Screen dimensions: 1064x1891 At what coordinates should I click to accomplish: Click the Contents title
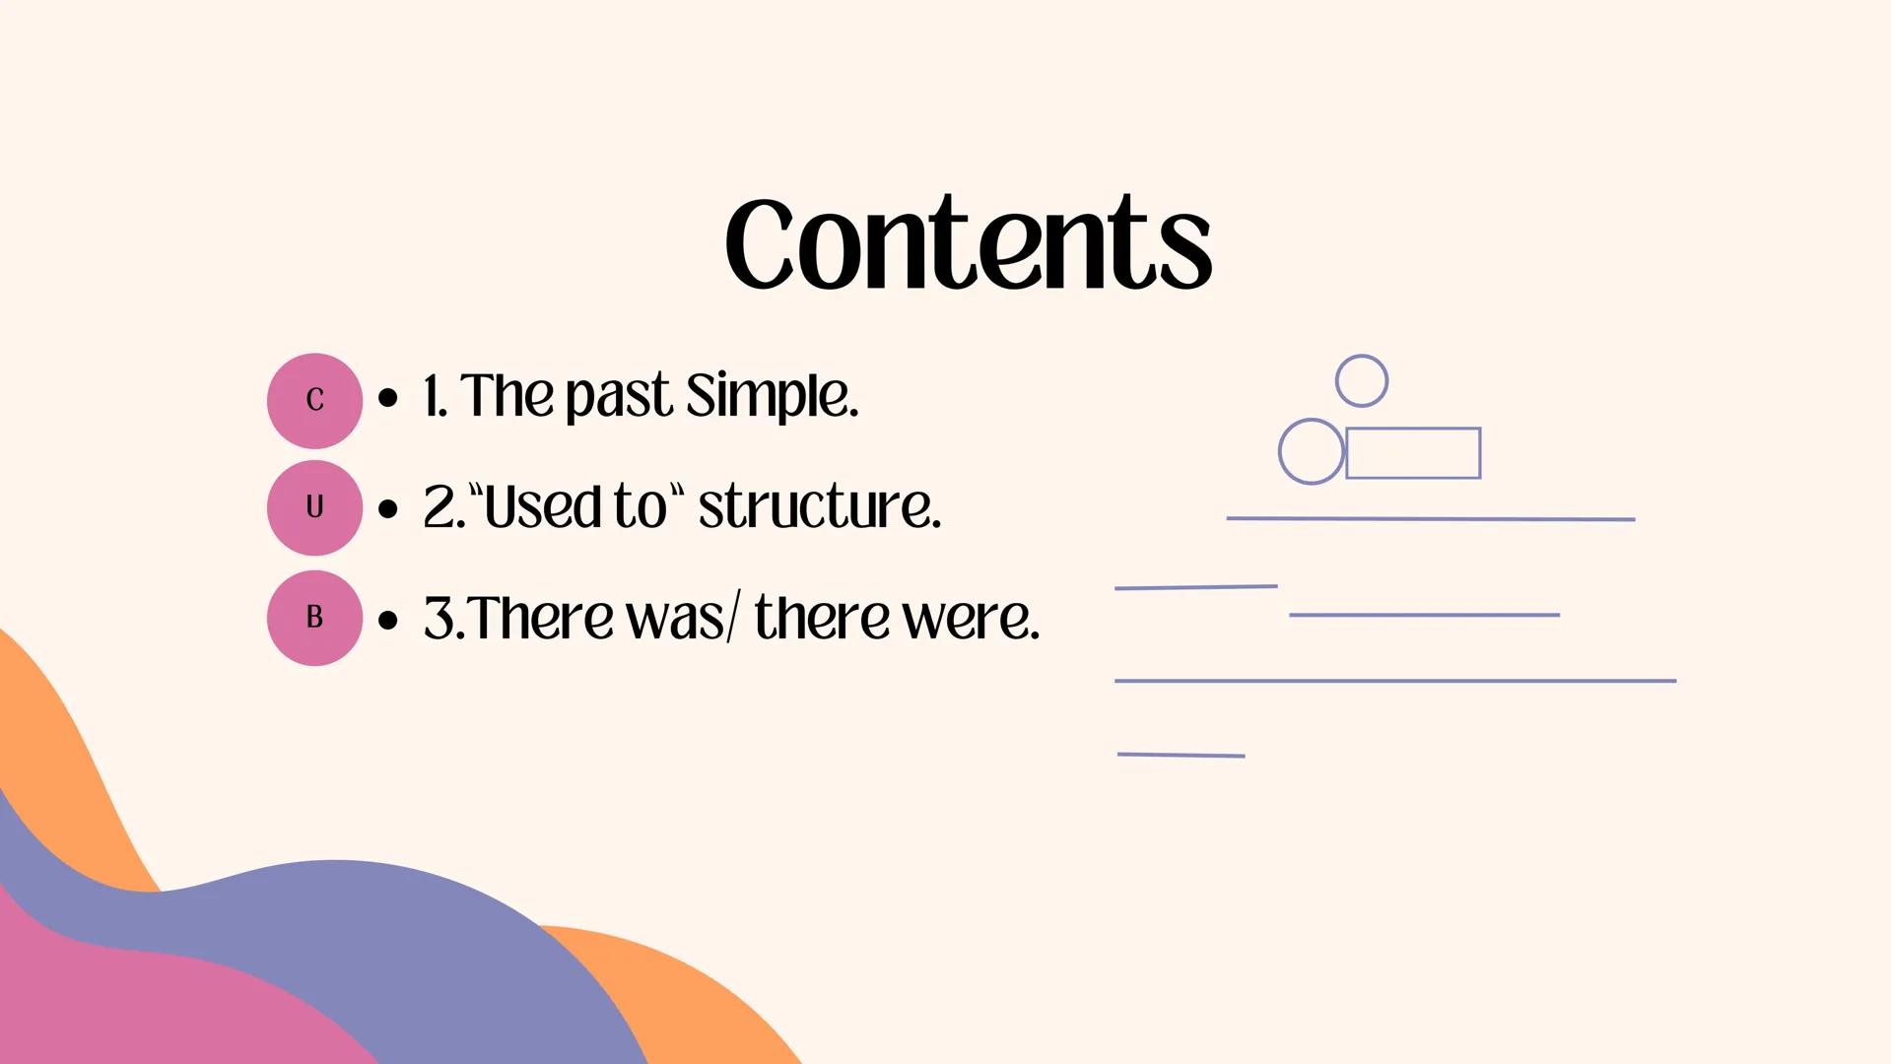(968, 242)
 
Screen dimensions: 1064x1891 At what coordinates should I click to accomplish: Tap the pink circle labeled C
(314, 400)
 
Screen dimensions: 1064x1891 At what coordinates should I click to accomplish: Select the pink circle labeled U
(314, 507)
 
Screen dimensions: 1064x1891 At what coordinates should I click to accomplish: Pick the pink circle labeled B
(314, 618)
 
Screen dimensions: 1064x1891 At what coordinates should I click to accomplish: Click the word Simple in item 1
(772, 396)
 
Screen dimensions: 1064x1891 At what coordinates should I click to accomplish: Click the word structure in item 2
(819, 506)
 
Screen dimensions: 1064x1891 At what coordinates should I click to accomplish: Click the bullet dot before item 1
(388, 398)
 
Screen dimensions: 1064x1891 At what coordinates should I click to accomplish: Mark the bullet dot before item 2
(388, 509)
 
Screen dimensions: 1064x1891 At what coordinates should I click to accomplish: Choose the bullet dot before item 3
(388, 621)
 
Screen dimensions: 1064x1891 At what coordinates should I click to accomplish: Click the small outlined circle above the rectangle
(1362, 380)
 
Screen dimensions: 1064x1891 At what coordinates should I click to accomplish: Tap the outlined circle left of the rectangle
(1311, 451)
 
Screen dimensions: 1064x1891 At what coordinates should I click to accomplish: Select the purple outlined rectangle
(1413, 453)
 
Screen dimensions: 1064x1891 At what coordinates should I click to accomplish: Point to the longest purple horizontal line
(1394, 681)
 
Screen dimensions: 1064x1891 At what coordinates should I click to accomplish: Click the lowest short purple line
(1181, 755)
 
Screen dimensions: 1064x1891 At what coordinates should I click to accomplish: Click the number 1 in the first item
(431, 396)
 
